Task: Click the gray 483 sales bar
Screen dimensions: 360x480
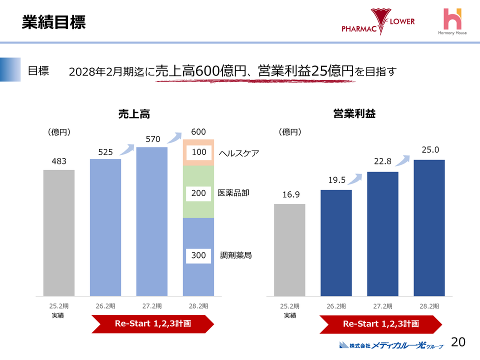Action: tap(58, 233)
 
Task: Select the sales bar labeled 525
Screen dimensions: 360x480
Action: tap(105, 227)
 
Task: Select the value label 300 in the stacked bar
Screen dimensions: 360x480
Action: tap(198, 255)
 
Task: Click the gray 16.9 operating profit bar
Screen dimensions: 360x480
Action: tap(289, 250)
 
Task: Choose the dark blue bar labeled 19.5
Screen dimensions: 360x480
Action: tap(336, 243)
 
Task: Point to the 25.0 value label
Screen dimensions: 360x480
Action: tap(429, 149)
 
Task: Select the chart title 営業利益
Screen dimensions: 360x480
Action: tap(354, 114)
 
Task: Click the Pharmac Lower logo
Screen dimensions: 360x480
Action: tap(378, 22)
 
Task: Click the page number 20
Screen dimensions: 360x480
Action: tap(458, 342)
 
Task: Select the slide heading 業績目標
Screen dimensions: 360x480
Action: tap(53, 22)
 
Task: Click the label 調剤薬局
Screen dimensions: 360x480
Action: tap(235, 255)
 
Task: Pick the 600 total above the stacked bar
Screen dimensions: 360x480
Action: tap(198, 132)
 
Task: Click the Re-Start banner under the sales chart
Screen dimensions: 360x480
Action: tap(152, 324)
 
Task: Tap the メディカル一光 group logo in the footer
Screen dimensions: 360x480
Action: tap(391, 344)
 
